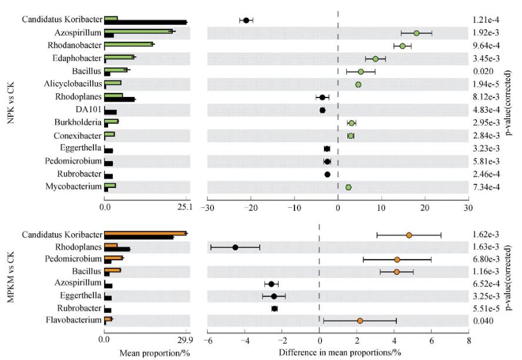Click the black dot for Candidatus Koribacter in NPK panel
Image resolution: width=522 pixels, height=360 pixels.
[246, 21]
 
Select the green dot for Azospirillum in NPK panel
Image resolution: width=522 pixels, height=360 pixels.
[416, 33]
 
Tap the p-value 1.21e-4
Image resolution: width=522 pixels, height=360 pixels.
[489, 21]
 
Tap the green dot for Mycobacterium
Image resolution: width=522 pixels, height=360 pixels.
[349, 187]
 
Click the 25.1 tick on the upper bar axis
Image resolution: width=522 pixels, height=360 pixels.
[186, 207]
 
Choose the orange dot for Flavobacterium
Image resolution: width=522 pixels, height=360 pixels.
[360, 321]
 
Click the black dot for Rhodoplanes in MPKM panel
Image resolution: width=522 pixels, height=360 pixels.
[236, 247]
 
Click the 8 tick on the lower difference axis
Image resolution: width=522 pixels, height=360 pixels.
[469, 339]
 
